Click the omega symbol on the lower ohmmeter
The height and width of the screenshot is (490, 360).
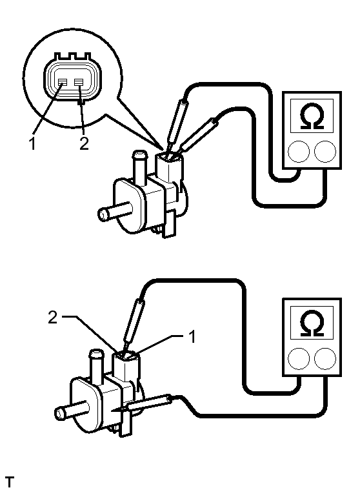(312, 323)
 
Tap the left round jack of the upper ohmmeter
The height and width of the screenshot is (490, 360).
(299, 152)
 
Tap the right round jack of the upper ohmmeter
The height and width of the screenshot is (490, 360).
(325, 152)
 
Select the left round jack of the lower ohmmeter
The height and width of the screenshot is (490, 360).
(299, 358)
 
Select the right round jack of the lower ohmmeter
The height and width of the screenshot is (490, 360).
(325, 358)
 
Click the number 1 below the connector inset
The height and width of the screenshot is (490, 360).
(32, 144)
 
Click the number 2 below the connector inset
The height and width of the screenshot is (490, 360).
(84, 144)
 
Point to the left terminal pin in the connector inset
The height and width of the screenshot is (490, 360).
(63, 82)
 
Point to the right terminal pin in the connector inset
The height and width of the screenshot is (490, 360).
(79, 82)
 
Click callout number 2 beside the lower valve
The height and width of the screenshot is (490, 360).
(53, 317)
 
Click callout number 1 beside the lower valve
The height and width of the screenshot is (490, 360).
(192, 336)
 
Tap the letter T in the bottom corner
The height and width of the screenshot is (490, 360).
(10, 482)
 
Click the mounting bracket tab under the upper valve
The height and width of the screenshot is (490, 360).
(169, 224)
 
